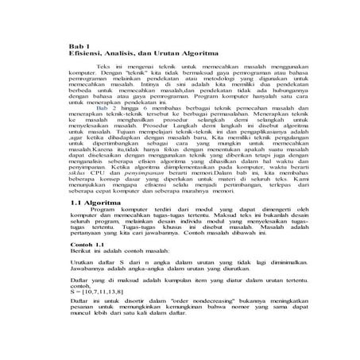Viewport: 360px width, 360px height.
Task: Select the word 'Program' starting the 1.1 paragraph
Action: (x=104, y=212)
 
